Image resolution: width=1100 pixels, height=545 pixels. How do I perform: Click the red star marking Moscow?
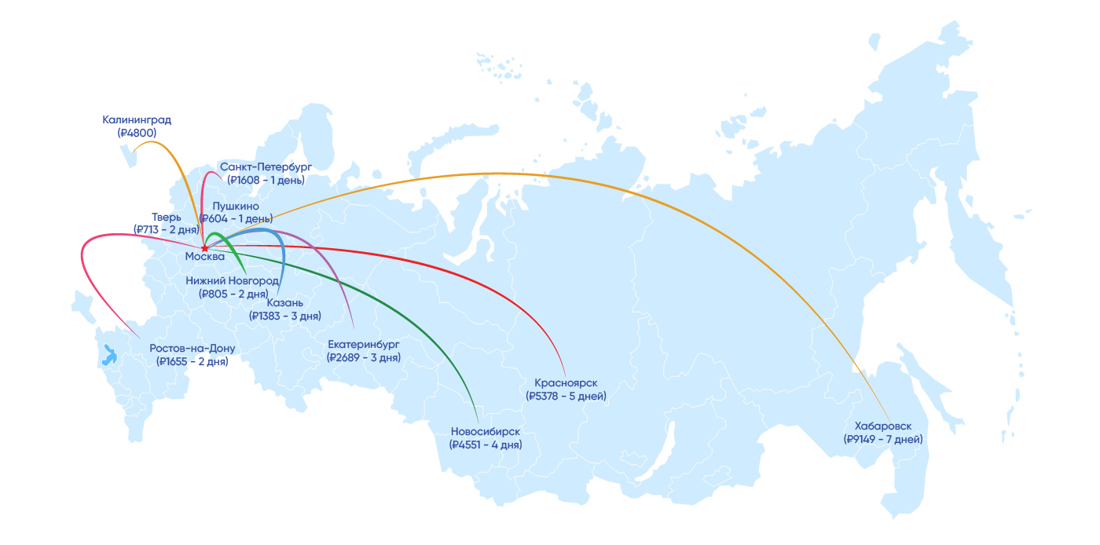coord(204,248)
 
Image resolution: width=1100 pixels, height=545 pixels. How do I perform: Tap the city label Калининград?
coord(137,120)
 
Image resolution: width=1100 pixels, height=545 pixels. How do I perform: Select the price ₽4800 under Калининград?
coord(137,134)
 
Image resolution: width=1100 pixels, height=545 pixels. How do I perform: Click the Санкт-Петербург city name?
coord(266,166)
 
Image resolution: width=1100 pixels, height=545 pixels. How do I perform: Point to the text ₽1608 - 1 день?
coord(266,180)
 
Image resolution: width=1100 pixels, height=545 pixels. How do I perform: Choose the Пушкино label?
coord(236,206)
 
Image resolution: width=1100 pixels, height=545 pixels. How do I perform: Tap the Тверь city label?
coord(167,217)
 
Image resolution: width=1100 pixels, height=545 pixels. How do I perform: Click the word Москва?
coord(205,257)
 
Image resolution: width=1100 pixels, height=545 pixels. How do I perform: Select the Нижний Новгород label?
coord(233,280)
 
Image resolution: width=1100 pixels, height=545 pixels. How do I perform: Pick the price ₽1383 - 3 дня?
coord(284,316)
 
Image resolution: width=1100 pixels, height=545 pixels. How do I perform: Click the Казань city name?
coord(284,302)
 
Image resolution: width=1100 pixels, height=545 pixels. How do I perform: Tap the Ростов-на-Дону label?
coord(192,348)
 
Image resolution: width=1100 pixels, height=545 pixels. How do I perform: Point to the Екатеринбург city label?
coord(364,344)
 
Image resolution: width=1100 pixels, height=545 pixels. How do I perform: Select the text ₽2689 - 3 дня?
coord(364,357)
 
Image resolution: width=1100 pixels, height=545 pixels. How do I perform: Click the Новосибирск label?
coord(486,431)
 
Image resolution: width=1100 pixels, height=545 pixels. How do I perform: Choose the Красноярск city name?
coord(566,382)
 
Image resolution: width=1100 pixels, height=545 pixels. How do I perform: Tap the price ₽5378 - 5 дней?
coord(566,396)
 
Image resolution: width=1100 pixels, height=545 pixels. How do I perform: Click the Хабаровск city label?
coord(883,426)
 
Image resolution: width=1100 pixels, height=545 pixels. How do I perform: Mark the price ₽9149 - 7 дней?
coord(883,439)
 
